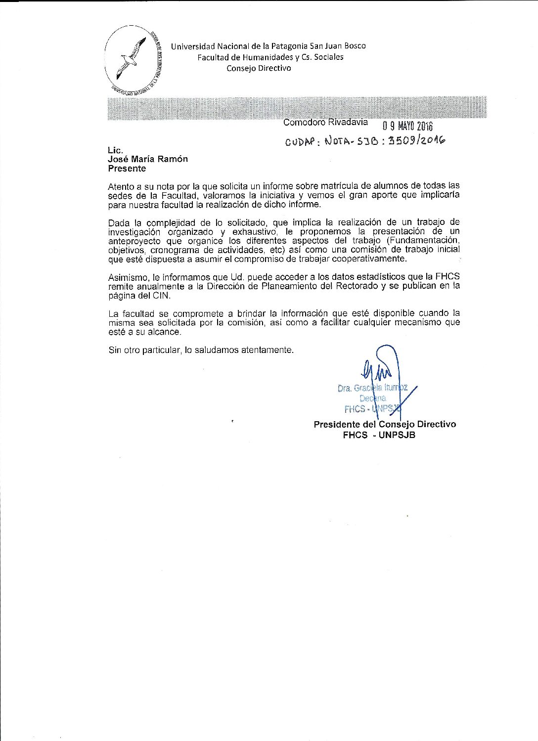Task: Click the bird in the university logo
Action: pos(132,58)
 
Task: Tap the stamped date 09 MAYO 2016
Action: pos(407,126)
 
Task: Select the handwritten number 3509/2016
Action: pos(416,140)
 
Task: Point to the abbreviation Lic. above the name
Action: pos(115,150)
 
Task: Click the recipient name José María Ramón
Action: pos(148,159)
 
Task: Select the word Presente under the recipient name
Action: pos(127,169)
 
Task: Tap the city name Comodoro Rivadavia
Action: pos(325,122)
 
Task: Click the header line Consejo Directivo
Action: pos(259,68)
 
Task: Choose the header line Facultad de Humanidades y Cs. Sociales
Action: pos(270,57)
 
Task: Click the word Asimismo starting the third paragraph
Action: pos(127,277)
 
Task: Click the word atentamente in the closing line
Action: pos(267,350)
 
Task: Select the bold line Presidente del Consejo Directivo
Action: pos(385,424)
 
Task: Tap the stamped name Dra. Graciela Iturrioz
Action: pos(372,388)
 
